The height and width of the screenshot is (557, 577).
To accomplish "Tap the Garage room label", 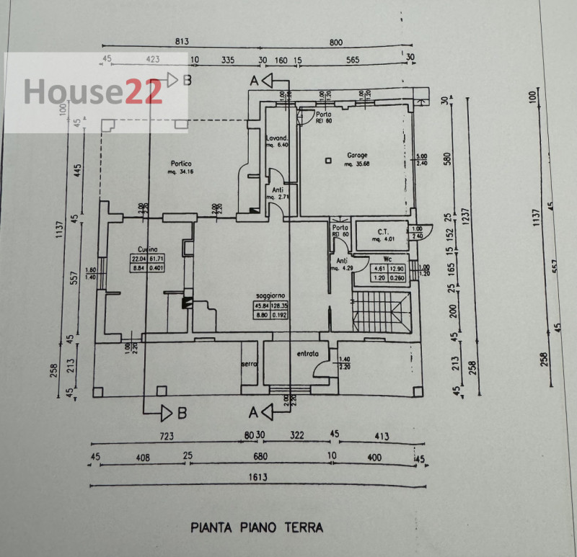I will click(357, 155).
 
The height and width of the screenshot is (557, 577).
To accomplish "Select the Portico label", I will click(172, 163).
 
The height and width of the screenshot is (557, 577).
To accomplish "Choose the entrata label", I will click(308, 355).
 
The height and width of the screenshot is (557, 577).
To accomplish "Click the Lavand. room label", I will click(277, 138).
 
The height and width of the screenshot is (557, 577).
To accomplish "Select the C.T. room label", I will click(384, 231).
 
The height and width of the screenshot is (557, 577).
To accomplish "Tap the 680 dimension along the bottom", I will click(260, 456).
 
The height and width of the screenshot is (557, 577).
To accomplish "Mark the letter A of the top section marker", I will click(254, 81).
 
